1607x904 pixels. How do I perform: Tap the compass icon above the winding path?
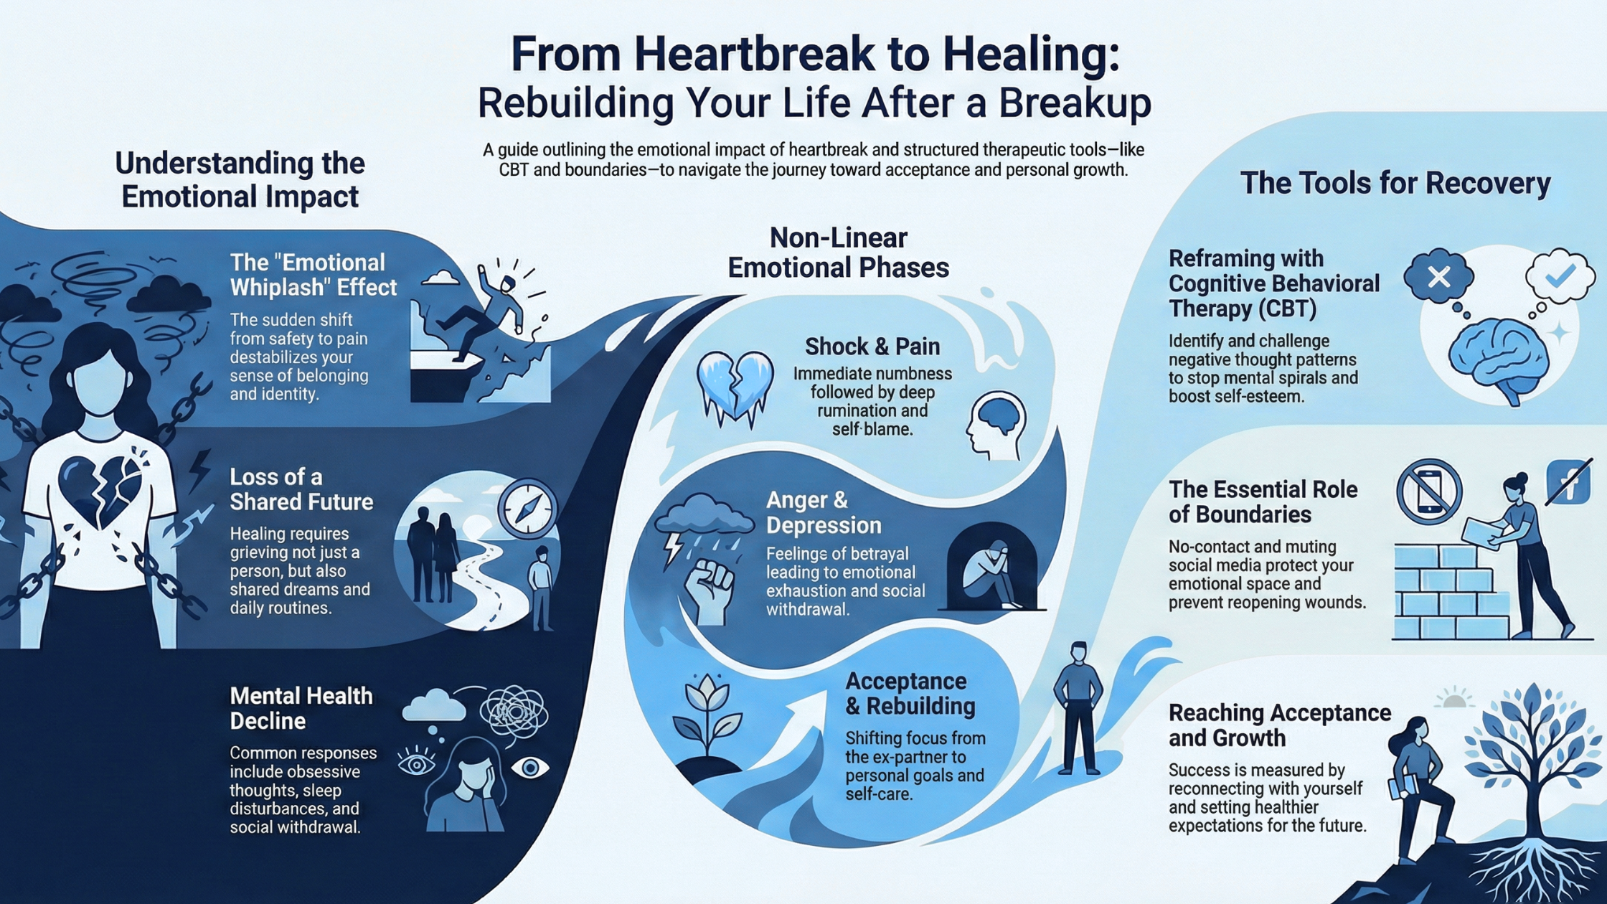[527, 509]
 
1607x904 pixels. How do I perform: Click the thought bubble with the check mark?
[1559, 276]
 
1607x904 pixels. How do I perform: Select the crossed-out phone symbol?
[1429, 492]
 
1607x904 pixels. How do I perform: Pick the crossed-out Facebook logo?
[1568, 483]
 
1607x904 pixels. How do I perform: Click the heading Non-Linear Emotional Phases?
[838, 253]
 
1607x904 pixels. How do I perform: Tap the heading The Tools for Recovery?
[1395, 183]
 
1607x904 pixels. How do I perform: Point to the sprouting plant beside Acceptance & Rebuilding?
[707, 717]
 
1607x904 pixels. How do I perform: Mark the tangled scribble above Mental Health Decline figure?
[513, 712]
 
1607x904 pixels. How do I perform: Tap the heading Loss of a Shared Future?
[301, 489]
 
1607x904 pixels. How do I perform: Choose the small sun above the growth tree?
[1453, 699]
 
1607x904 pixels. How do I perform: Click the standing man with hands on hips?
[1078, 707]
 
